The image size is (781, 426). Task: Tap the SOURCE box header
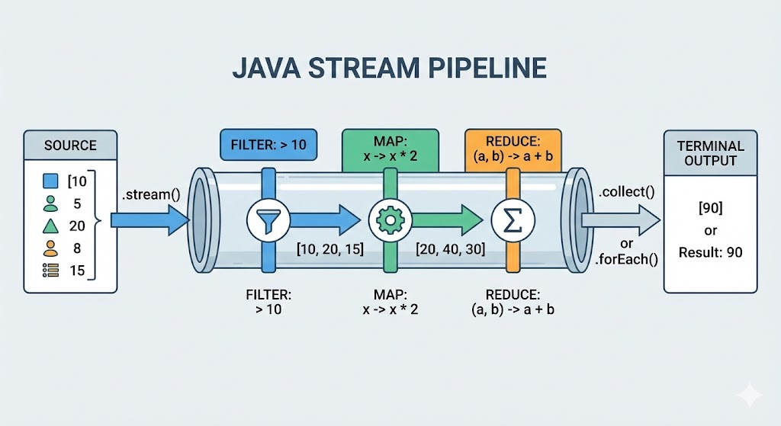(x=70, y=146)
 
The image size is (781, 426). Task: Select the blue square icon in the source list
(x=50, y=181)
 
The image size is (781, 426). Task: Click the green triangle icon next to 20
(x=50, y=226)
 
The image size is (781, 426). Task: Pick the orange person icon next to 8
(x=50, y=248)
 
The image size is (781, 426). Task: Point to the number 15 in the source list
(x=77, y=271)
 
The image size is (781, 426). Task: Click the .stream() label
(x=151, y=194)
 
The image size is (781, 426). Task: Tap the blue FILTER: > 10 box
(x=268, y=145)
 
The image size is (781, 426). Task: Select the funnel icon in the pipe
(x=268, y=220)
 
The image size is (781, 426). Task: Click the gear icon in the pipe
(x=390, y=220)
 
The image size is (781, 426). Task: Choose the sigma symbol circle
(x=513, y=220)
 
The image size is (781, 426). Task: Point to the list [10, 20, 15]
(x=329, y=249)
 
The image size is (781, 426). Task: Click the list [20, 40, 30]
(x=450, y=249)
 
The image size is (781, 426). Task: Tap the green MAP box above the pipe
(x=390, y=150)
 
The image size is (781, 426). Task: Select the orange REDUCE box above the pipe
(x=513, y=150)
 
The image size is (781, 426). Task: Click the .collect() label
(x=627, y=192)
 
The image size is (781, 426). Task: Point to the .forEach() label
(x=627, y=259)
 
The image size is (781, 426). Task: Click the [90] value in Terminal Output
(x=710, y=207)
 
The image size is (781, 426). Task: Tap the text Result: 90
(x=710, y=252)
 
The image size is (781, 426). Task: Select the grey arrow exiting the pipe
(x=621, y=220)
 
